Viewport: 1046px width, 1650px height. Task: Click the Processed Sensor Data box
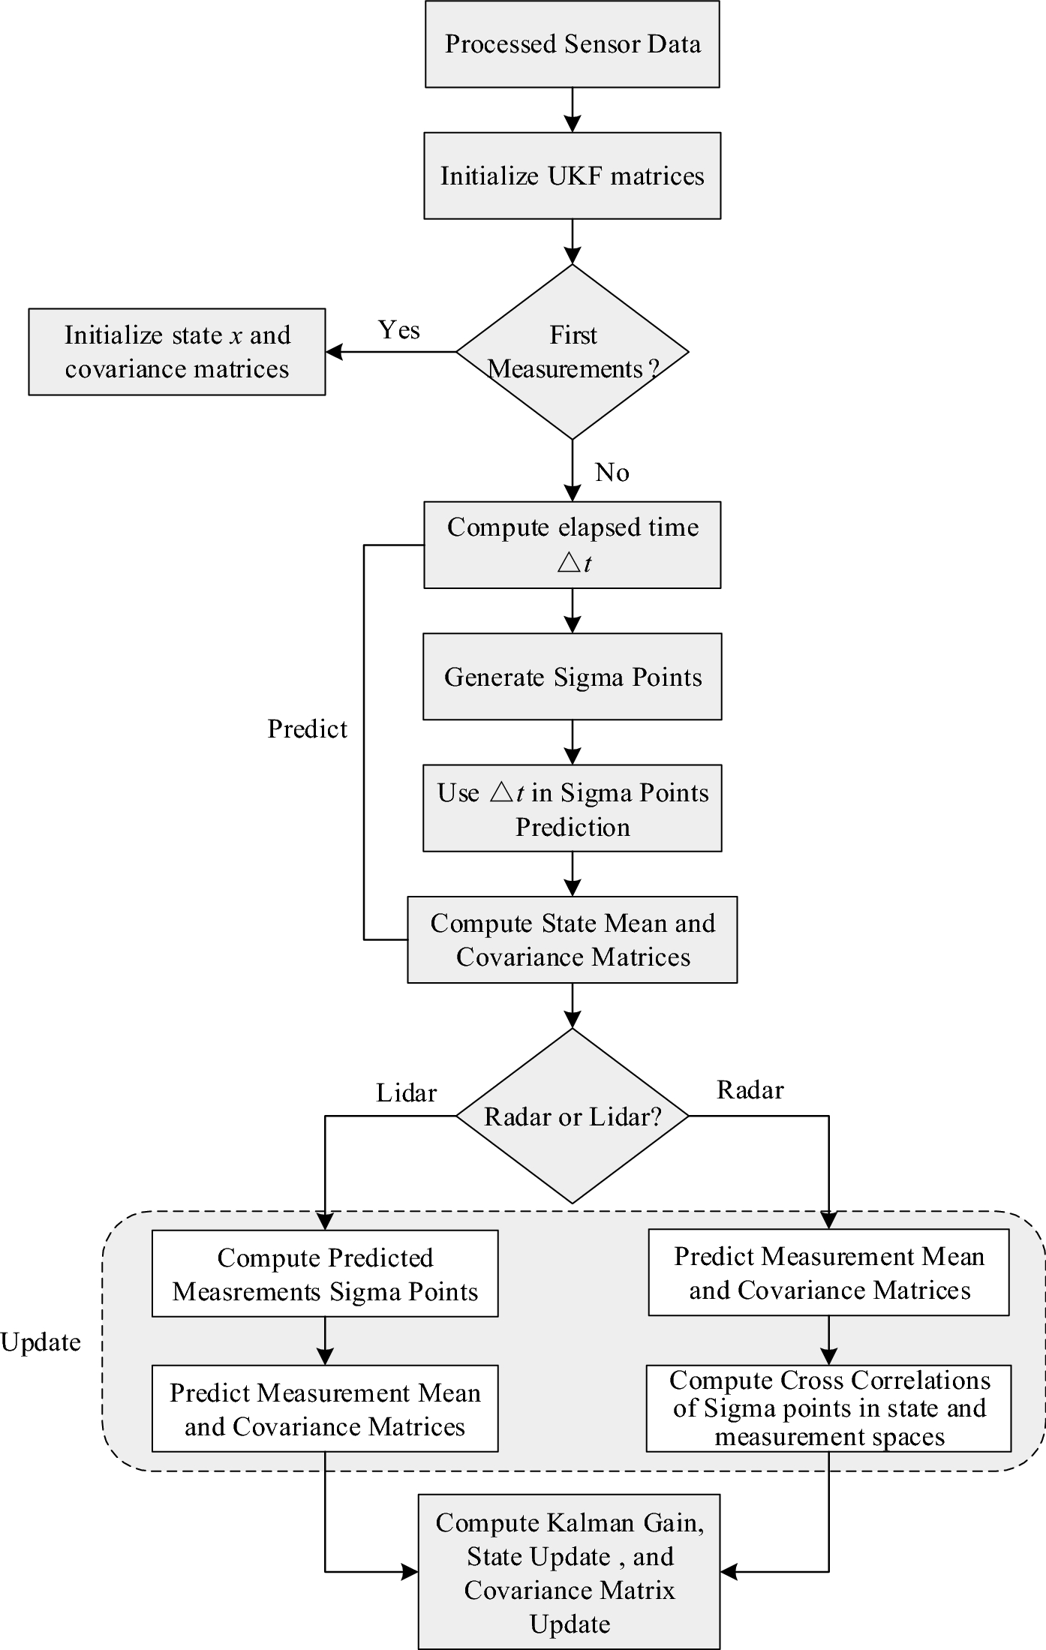[572, 44]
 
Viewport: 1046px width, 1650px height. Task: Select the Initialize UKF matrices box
[572, 176]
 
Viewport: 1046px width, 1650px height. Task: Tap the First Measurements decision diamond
[572, 352]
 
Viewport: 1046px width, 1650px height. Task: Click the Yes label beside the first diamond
[398, 330]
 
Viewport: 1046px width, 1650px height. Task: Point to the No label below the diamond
[612, 473]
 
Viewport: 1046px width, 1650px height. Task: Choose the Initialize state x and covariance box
[177, 352]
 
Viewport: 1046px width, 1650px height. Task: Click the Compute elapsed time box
[572, 545]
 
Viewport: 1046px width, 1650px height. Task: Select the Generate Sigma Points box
[572, 677]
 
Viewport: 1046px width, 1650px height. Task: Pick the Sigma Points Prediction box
[572, 809]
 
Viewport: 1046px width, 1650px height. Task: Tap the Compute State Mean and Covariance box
[572, 940]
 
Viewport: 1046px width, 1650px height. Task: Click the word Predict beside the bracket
[307, 729]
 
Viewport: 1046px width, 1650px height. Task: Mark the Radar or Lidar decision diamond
[572, 1117]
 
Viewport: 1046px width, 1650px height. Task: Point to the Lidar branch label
[406, 1093]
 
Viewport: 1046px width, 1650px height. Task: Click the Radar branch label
[750, 1090]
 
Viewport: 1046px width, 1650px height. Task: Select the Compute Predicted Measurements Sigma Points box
[325, 1274]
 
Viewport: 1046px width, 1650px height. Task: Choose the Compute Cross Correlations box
[828, 1408]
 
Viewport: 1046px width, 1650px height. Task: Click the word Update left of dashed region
[41, 1342]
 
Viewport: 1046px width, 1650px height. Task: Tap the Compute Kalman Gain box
[569, 1572]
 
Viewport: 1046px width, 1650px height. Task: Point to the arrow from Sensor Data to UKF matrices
[572, 110]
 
